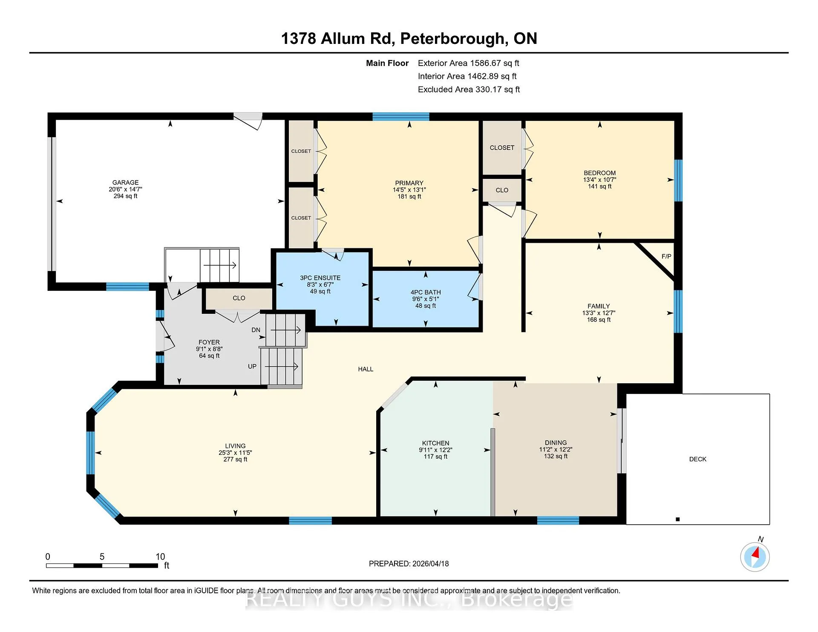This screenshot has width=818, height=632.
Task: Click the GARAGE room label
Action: point(125,182)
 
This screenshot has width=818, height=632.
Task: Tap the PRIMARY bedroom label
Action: point(409,183)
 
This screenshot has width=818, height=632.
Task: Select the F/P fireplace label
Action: point(666,256)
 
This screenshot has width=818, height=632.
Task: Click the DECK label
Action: point(698,459)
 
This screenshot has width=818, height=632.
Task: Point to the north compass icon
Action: point(755,556)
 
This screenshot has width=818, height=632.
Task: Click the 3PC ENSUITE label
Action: point(320,278)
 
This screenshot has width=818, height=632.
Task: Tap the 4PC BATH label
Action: point(426,292)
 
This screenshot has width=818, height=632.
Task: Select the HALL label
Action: point(366,369)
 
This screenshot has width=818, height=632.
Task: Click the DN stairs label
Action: point(256,330)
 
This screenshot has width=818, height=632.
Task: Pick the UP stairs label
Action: point(252,366)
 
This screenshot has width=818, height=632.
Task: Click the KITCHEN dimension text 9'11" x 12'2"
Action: point(435,450)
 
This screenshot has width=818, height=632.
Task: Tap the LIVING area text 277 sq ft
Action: point(235,460)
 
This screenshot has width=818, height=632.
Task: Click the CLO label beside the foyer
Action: point(239,298)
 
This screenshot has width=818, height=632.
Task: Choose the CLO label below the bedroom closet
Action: point(502,190)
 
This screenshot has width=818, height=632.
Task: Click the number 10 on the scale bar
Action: point(160,557)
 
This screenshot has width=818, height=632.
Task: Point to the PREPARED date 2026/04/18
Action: point(430,563)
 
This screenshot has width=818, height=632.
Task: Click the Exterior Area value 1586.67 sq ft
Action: point(495,63)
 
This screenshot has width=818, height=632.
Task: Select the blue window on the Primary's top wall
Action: point(401,117)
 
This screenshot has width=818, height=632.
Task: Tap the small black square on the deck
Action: point(678,519)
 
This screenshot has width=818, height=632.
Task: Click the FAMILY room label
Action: point(599,306)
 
